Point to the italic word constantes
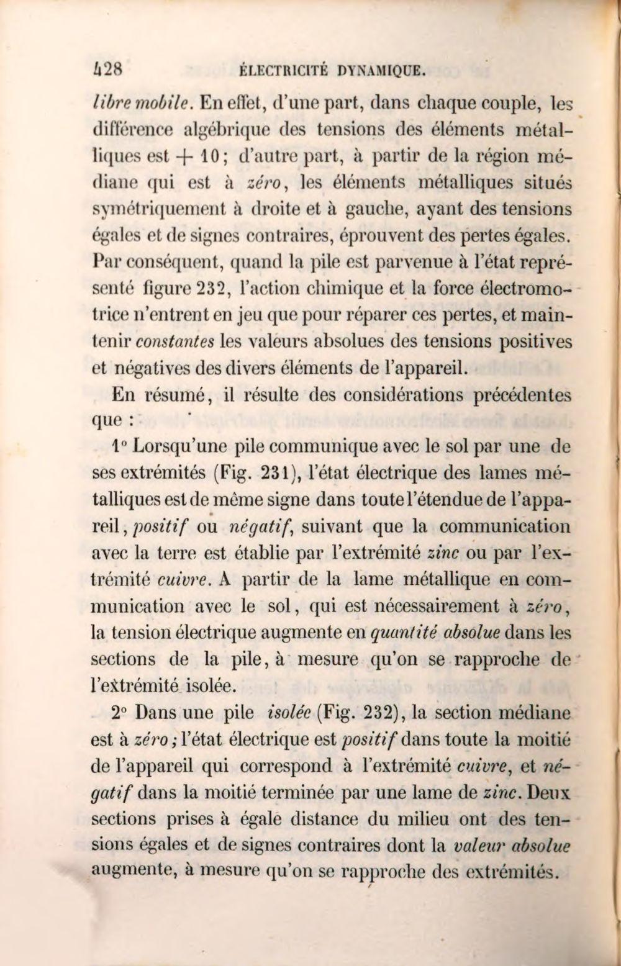[175, 342]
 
